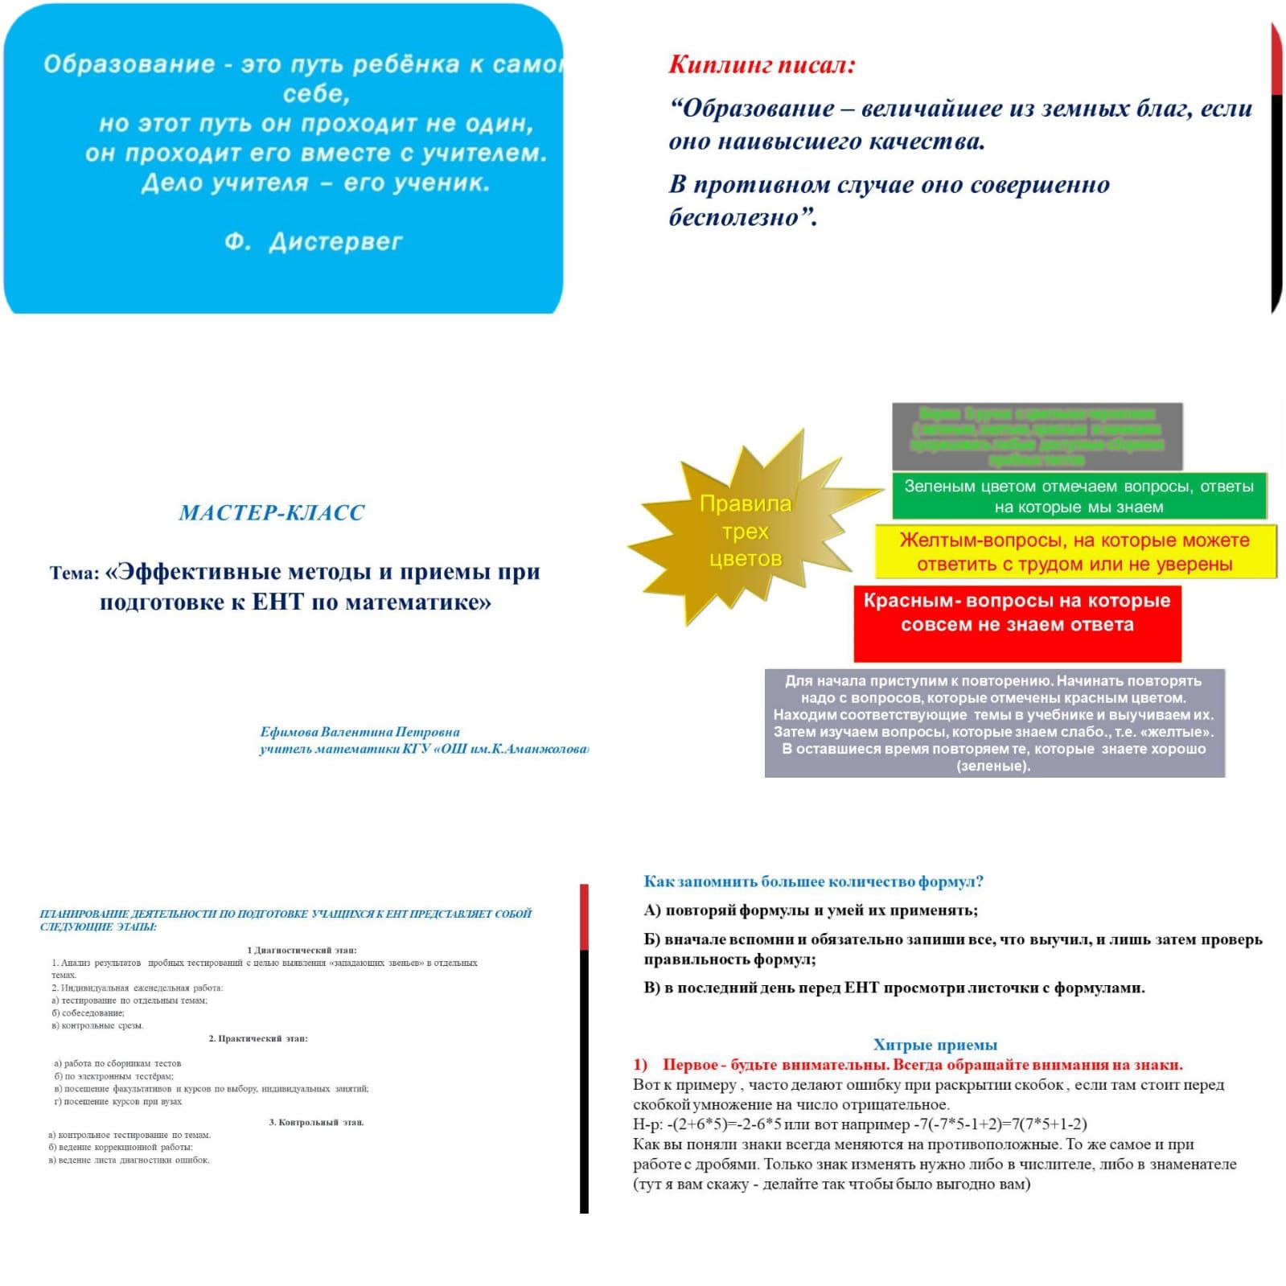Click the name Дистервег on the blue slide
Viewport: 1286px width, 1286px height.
[x=335, y=242]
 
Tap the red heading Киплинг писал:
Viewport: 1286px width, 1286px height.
[x=762, y=64]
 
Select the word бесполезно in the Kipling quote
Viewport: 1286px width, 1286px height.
[x=733, y=217]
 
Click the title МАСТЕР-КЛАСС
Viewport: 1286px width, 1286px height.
[x=272, y=513]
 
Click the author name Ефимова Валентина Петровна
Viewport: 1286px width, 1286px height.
[x=360, y=732]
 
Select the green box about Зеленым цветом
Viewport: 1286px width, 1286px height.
[x=1079, y=496]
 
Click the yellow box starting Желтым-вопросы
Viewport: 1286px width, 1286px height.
[x=1074, y=552]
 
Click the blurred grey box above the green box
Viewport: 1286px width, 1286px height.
[x=1037, y=437]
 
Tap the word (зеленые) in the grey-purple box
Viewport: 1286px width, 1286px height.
[x=993, y=766]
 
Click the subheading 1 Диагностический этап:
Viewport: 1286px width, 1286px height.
[x=302, y=950]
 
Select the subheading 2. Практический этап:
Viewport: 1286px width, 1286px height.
[x=258, y=1038]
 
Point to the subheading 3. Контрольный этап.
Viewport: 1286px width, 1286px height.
[x=316, y=1122]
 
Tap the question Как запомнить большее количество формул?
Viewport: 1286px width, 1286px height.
[x=813, y=881]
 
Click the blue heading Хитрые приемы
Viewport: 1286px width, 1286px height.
[x=935, y=1045]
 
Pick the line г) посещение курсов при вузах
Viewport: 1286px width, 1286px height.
[x=118, y=1101]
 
